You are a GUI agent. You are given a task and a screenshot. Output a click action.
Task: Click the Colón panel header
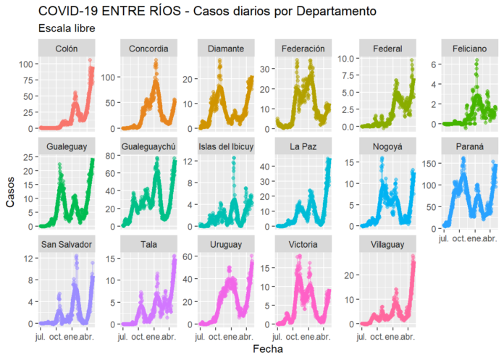pyautogui.click(x=68, y=49)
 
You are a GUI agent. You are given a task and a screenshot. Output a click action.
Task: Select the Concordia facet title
pyautogui.click(x=148, y=49)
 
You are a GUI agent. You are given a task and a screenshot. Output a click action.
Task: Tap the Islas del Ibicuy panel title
pyautogui.click(x=226, y=147)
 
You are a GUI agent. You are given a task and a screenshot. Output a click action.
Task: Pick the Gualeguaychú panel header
pyautogui.click(x=148, y=147)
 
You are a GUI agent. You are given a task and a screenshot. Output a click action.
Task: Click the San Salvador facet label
pyautogui.click(x=68, y=245)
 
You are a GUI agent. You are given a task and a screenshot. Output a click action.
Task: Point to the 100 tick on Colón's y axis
pyautogui.click(x=28, y=64)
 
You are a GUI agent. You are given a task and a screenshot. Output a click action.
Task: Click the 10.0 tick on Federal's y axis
pyautogui.click(x=343, y=58)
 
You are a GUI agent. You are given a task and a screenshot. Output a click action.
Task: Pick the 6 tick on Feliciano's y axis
pyautogui.click(x=434, y=64)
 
